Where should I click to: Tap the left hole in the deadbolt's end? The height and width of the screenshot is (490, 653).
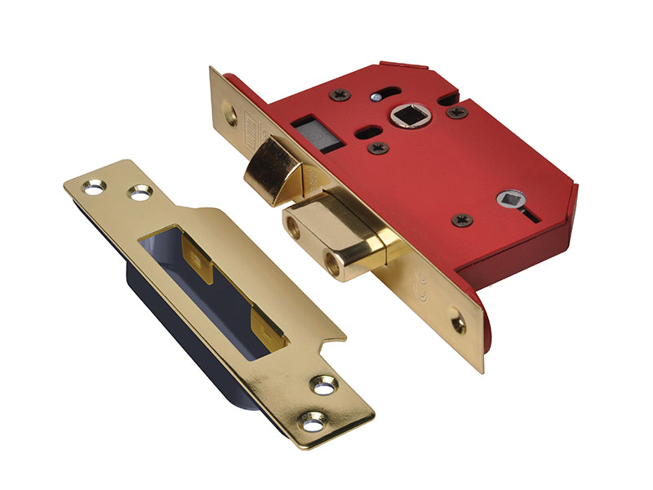292,228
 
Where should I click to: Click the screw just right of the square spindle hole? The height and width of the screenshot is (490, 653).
456,112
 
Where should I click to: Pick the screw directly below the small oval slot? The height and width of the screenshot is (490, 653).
377,149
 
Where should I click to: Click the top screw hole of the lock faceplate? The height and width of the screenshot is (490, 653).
231,116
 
